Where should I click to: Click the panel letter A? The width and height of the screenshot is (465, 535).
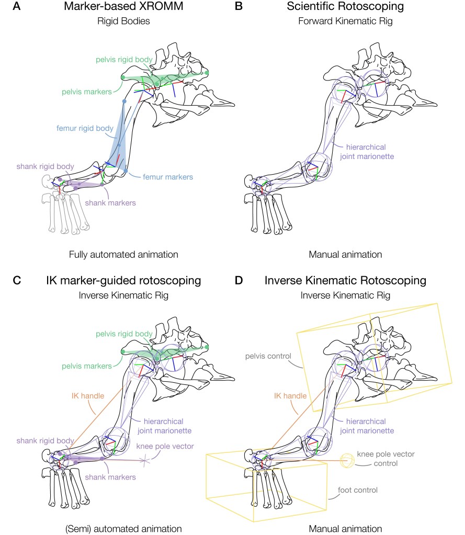point(17,8)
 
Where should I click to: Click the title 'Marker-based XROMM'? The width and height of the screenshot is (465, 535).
point(123,8)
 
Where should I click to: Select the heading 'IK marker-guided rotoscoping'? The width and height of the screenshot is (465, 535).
point(123,281)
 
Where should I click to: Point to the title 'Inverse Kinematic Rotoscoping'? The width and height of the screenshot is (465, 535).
point(345,281)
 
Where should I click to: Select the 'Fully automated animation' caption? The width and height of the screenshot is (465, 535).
point(123,255)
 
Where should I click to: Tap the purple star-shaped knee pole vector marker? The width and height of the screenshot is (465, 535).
point(145,460)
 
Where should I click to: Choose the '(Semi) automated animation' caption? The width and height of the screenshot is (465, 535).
point(123,528)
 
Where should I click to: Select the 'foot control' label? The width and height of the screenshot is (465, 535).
point(357,490)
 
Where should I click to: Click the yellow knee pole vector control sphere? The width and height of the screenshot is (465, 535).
point(347,460)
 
